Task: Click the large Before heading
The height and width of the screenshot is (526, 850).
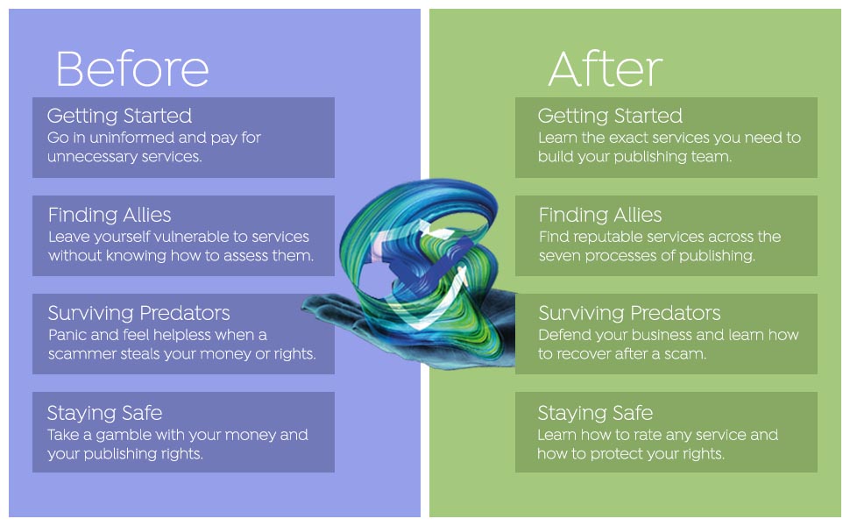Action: (132, 68)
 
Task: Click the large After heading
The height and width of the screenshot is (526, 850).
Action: (605, 68)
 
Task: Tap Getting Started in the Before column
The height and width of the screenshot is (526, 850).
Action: (119, 116)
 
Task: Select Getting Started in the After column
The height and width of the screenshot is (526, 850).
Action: (610, 116)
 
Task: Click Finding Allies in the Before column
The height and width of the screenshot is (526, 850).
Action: (110, 215)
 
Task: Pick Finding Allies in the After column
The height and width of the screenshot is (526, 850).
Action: (600, 215)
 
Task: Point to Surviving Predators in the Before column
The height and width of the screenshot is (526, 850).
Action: (138, 313)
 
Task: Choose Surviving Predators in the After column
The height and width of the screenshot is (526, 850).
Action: (629, 313)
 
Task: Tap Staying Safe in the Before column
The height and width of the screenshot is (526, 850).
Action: (104, 412)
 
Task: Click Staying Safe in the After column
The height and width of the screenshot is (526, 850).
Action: (595, 412)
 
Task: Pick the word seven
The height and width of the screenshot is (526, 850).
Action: (559, 256)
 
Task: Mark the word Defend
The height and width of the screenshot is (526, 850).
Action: (564, 335)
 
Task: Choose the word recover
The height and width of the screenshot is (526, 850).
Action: (586, 354)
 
